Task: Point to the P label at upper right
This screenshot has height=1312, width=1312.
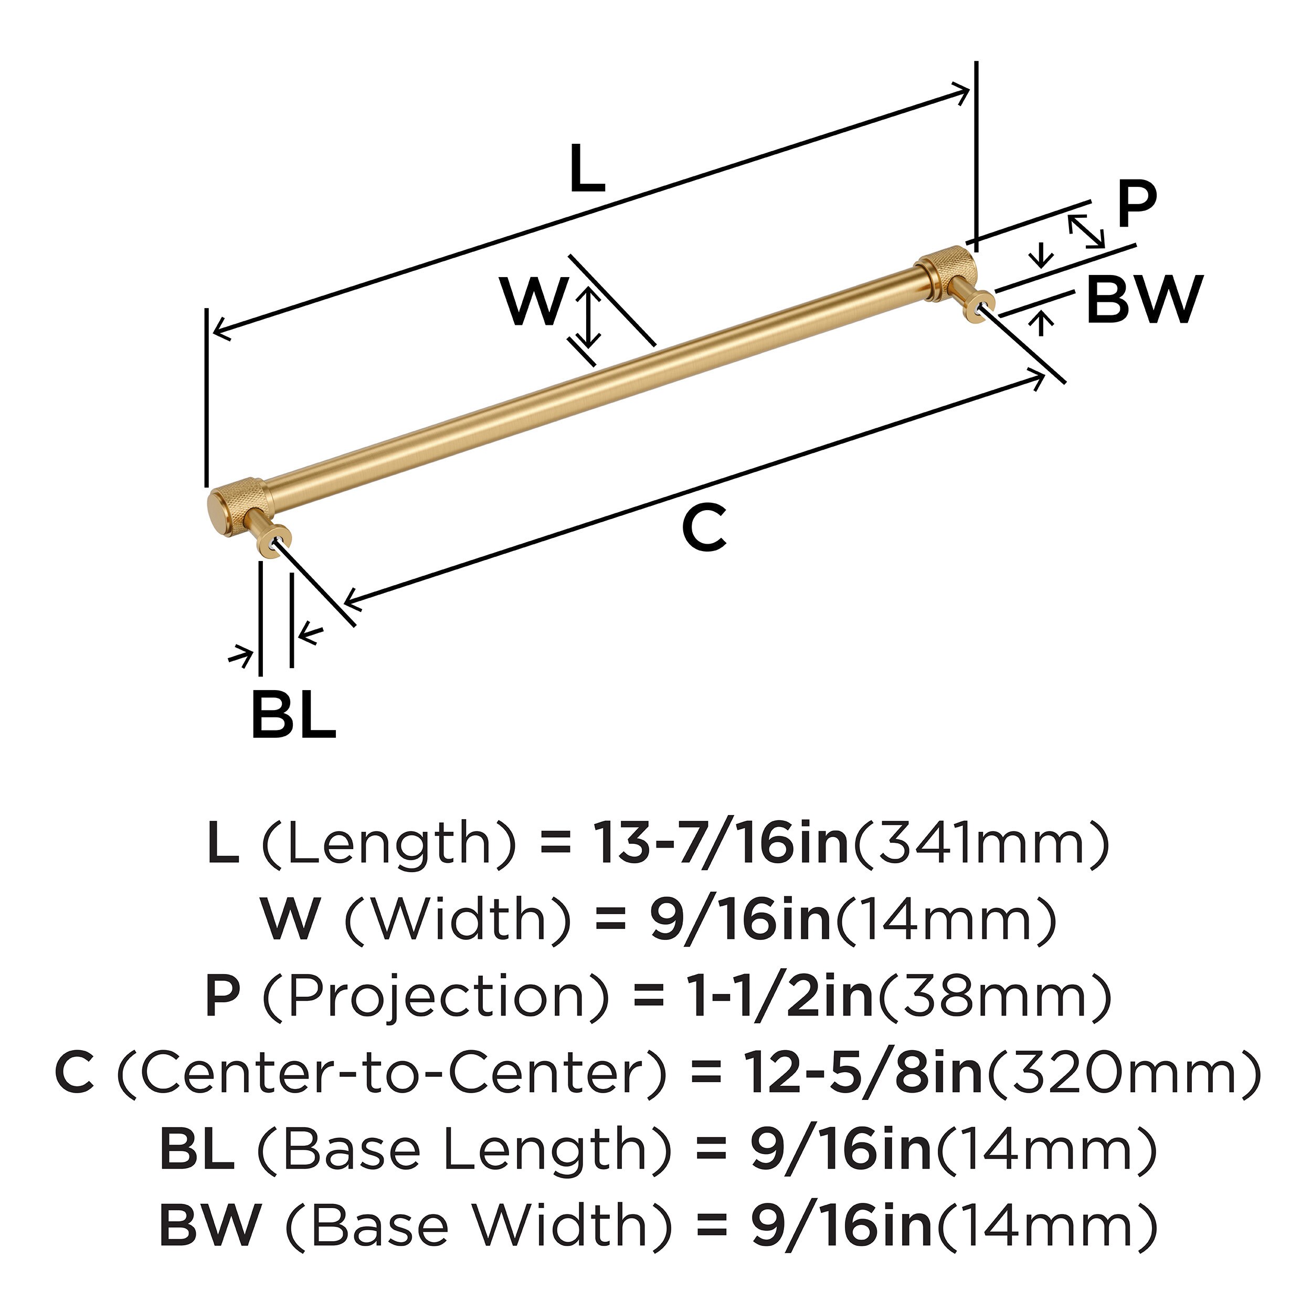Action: tap(1136, 206)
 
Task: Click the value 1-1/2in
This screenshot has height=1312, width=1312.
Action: tap(780, 996)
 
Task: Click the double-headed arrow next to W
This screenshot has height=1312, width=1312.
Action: tap(588, 316)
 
